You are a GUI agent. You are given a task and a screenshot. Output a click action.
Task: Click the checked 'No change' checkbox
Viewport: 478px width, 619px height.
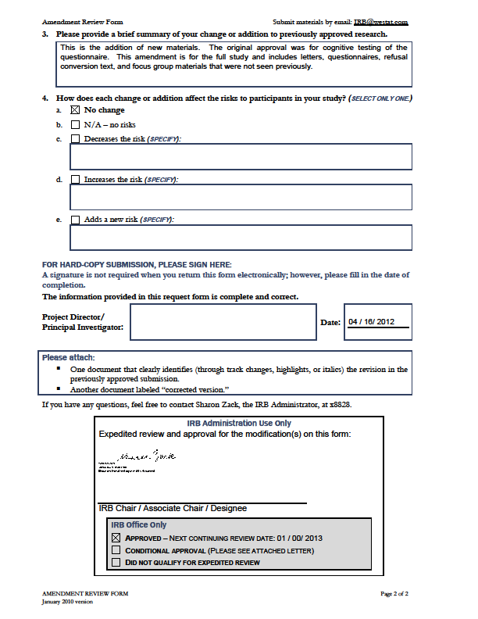point(75,110)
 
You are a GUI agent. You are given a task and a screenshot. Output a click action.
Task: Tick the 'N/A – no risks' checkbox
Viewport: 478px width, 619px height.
point(75,124)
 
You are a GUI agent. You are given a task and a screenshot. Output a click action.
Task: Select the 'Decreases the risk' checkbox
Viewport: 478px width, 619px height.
point(75,139)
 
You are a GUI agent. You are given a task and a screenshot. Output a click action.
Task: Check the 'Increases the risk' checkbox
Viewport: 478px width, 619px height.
point(75,180)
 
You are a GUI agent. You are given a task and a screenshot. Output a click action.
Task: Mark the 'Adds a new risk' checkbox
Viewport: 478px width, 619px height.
point(75,220)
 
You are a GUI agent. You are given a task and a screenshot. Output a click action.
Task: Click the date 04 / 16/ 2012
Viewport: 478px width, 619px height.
point(372,322)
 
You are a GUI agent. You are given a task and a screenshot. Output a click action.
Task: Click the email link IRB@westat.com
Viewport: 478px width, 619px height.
point(381,23)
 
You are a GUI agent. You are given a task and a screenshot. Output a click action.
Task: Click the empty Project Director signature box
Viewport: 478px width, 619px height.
point(223,322)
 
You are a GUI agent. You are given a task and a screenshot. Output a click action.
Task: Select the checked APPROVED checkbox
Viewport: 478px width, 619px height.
point(116,538)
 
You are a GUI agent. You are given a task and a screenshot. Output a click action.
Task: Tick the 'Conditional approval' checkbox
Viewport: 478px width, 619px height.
point(116,550)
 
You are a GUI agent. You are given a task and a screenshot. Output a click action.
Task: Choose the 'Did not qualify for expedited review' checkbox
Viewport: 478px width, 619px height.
point(116,562)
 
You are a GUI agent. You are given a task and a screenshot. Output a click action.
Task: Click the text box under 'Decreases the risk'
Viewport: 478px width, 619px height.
point(241,156)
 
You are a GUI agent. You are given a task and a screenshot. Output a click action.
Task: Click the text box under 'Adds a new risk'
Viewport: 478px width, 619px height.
point(241,237)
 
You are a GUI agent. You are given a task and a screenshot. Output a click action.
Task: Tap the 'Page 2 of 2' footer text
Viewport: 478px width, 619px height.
point(394,594)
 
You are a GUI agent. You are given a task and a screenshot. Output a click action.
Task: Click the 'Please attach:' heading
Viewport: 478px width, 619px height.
point(69,358)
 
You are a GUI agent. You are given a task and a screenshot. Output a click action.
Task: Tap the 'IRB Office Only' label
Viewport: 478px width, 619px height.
point(137,525)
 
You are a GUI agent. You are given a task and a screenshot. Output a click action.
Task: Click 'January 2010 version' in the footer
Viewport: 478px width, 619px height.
point(71,602)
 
